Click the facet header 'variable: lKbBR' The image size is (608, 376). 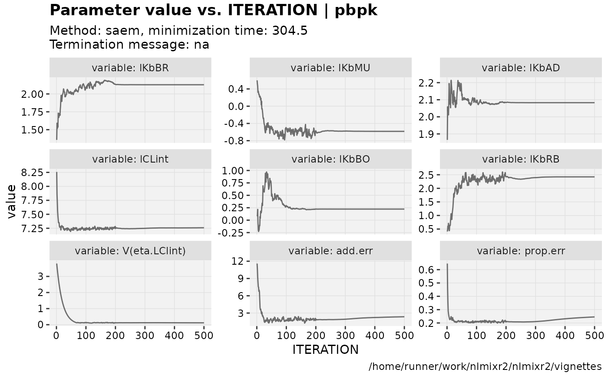pyautogui.click(x=130, y=68)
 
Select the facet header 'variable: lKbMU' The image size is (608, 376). pyautogui.click(x=330, y=68)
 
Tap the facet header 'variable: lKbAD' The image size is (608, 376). pyautogui.click(x=521, y=68)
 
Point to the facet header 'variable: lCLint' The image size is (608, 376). pyautogui.click(x=130, y=159)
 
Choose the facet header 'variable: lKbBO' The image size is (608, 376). pyautogui.click(x=330, y=159)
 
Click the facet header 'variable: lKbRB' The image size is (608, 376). pyautogui.click(x=521, y=159)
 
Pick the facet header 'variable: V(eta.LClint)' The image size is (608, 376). pyautogui.click(x=130, y=251)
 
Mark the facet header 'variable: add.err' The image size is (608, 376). pyautogui.click(x=330, y=251)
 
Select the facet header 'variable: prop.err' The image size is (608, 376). pyautogui.click(x=521, y=251)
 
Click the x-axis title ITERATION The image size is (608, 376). pyautogui.click(x=326, y=349)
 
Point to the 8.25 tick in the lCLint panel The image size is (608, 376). pyautogui.click(x=32, y=173)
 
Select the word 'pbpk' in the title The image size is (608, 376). pyautogui.click(x=356, y=10)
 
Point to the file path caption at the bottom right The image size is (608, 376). pyautogui.click(x=485, y=366)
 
